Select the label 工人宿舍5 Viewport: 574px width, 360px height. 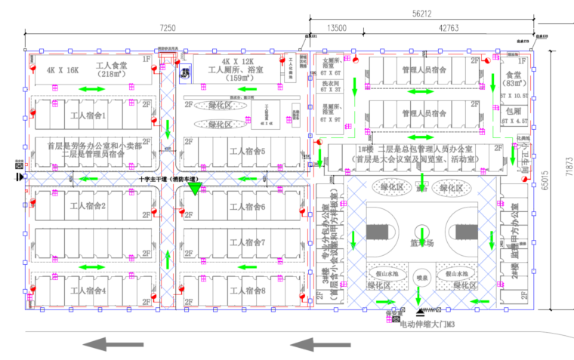click(x=247, y=150)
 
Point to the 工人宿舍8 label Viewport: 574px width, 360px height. click(x=248, y=290)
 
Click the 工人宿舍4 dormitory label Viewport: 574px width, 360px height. click(x=88, y=290)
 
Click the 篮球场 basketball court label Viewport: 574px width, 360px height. click(x=422, y=243)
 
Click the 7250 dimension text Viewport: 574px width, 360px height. click(x=167, y=28)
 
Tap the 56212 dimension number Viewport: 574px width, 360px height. click(x=422, y=13)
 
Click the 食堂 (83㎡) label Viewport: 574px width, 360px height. click(x=514, y=79)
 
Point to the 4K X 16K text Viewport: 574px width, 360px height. click(x=63, y=70)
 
